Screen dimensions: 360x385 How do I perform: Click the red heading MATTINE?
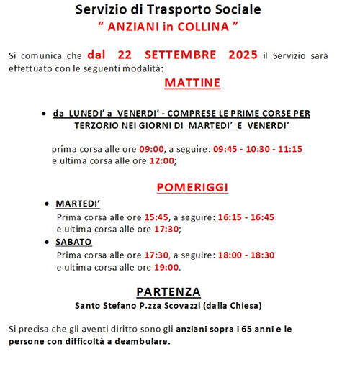(192, 83)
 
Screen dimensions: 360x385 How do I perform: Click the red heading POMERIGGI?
(192, 188)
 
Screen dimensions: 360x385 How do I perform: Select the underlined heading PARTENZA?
(168, 291)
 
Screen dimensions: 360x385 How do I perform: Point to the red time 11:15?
(289, 149)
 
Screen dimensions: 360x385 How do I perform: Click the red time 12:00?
(161, 160)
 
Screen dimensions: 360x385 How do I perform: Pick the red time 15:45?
(156, 217)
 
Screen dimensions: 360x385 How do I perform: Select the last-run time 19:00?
(166, 267)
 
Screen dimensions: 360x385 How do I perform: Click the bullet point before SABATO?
(48, 243)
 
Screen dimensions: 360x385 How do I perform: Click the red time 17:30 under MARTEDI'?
(165, 229)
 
